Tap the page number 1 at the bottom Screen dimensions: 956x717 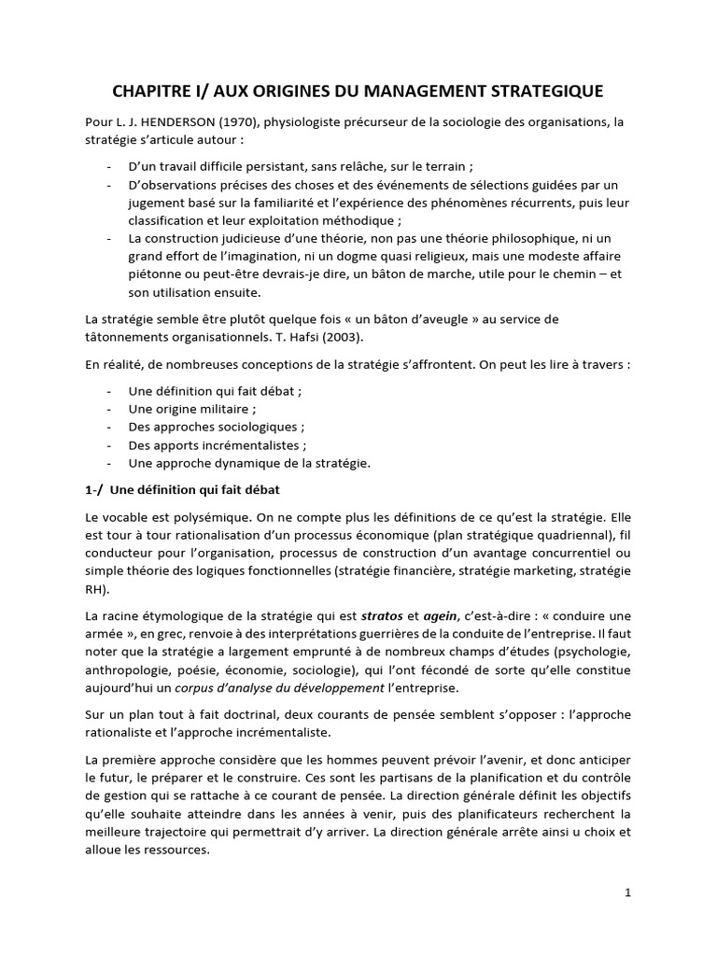[x=628, y=893]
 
